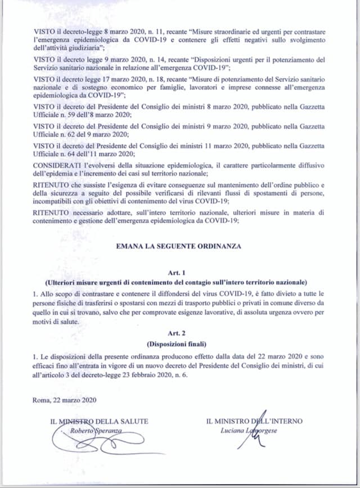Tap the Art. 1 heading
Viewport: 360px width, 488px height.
click(x=180, y=272)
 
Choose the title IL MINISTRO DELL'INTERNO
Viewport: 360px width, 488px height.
click(x=254, y=421)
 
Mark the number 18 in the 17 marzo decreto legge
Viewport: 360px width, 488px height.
click(x=129, y=79)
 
